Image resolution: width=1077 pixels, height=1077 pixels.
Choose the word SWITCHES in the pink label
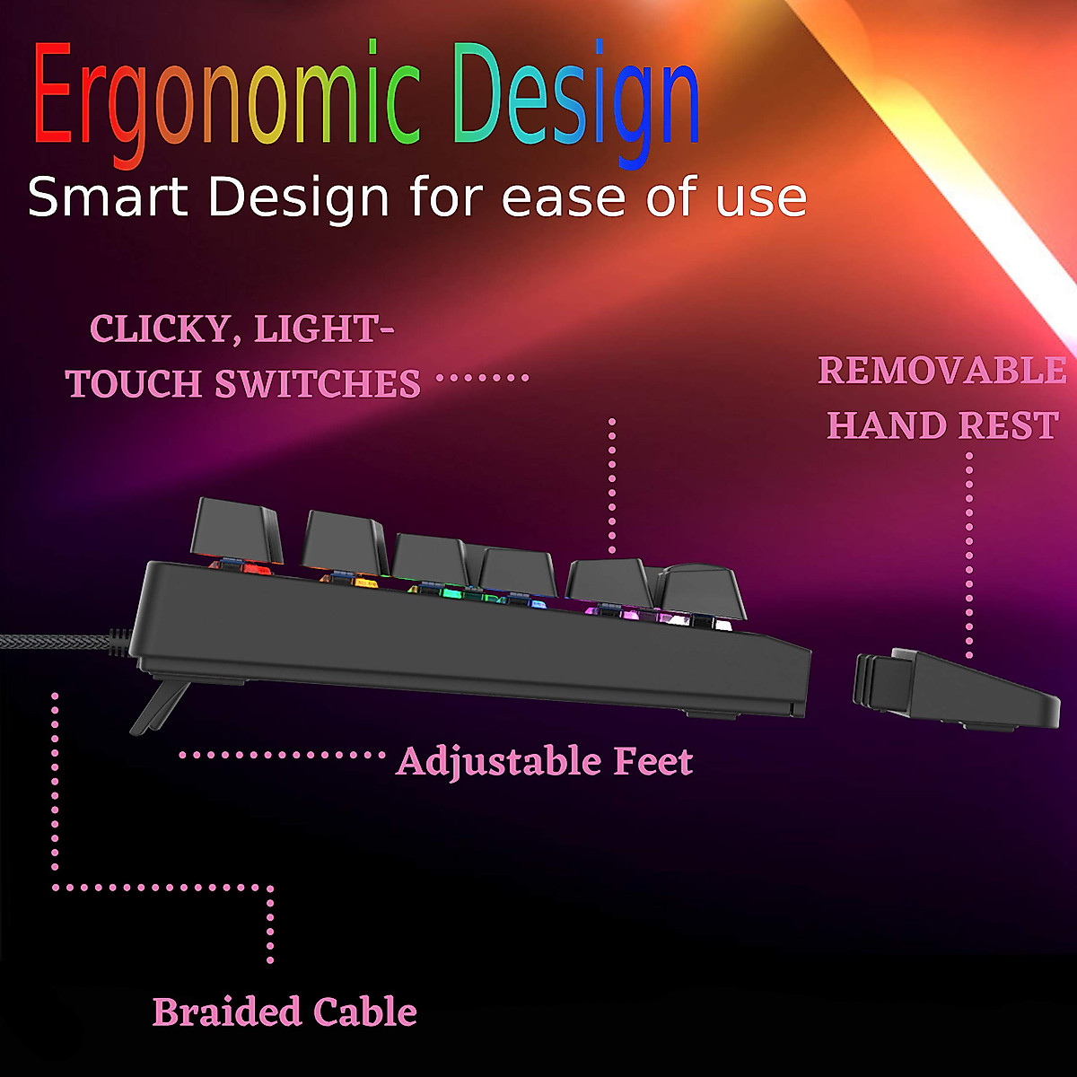point(318,384)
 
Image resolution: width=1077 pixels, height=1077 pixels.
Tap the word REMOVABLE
point(942,371)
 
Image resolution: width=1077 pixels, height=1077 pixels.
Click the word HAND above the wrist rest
point(885,425)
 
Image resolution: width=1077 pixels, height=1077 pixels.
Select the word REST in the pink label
point(1009,425)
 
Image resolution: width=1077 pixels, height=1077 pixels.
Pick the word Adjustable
point(498,762)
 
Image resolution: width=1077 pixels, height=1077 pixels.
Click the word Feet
point(653,762)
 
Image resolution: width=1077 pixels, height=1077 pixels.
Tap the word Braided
point(226,1011)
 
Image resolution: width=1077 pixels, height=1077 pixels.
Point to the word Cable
point(365,1011)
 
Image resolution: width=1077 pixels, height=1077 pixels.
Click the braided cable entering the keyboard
point(54,644)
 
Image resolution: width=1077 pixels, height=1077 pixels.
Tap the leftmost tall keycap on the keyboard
point(238,530)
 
